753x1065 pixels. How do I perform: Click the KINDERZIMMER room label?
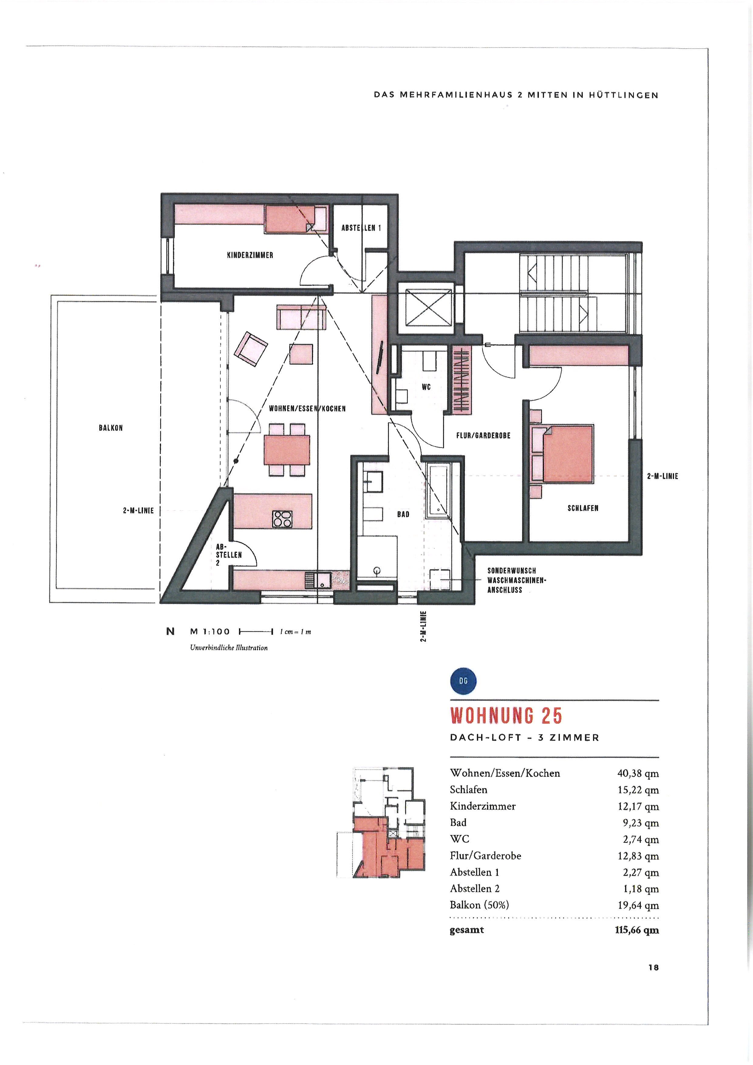pos(250,255)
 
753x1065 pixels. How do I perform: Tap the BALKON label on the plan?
pos(111,428)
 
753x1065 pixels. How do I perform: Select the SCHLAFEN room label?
pos(583,508)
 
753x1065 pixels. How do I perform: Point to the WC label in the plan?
pos(426,387)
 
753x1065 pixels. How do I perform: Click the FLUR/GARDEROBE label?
pos(483,435)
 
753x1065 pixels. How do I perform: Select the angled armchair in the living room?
pos(251,349)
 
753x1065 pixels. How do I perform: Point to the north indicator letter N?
pos(170,631)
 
